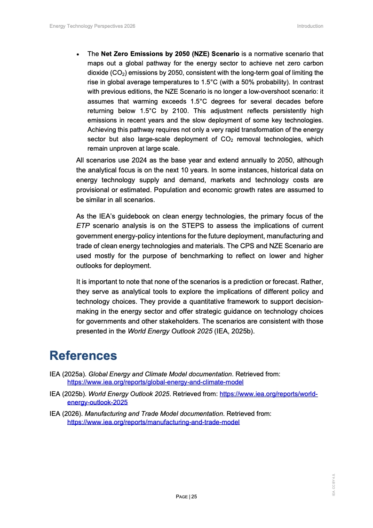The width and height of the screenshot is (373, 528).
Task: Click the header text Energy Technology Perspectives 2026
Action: pos(92,26)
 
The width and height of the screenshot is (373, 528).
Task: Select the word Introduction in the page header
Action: pos(310,26)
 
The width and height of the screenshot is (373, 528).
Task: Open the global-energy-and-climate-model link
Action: pos(155,382)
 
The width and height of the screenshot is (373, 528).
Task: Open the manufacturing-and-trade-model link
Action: pos(153,422)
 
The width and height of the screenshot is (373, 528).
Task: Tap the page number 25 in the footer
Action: pos(194,496)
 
